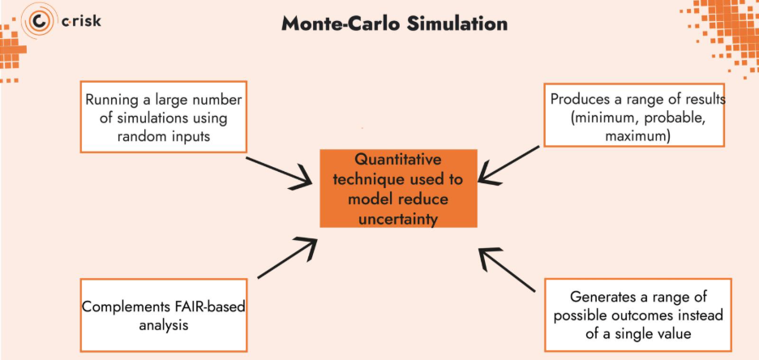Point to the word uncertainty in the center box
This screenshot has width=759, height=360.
[398, 218]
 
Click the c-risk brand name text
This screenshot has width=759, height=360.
[81, 21]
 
